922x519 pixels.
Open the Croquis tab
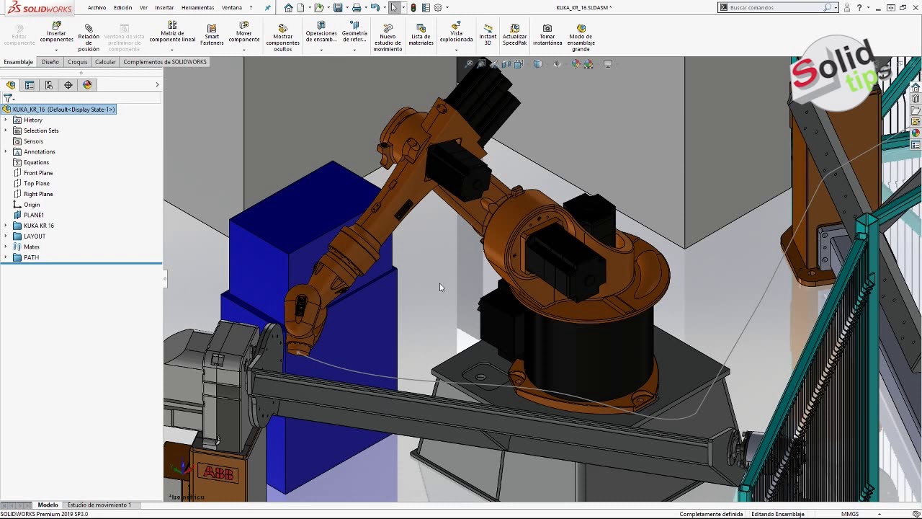coord(77,62)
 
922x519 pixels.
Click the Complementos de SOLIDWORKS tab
coord(165,62)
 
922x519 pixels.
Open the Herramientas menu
coord(197,7)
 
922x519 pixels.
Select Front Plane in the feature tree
coord(38,173)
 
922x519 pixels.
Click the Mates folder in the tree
coord(32,247)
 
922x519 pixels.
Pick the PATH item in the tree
coord(31,257)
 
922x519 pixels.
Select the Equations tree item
coord(36,162)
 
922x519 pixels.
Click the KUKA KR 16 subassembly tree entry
coord(39,226)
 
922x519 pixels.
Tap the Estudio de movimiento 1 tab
coord(99,505)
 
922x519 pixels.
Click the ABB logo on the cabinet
coord(218,472)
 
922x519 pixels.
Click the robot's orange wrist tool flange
coord(300,349)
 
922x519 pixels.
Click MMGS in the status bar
coord(850,514)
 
